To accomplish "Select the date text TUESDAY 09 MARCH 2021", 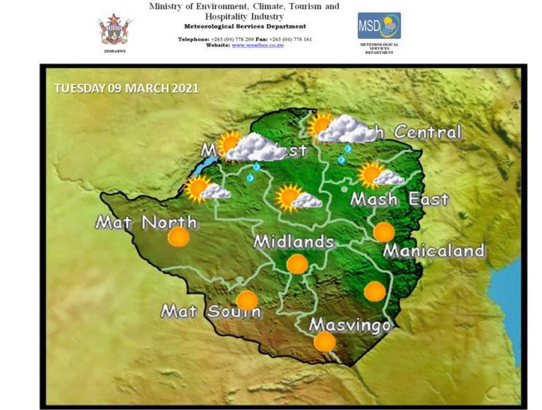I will tap(126, 89).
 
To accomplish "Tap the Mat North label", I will tap(146, 223).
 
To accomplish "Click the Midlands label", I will tap(294, 241).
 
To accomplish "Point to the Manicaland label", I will tap(433, 251).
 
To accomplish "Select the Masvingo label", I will tap(350, 326).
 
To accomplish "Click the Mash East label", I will tap(399, 199).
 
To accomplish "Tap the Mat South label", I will tap(210, 310).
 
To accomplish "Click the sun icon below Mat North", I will tap(179, 237).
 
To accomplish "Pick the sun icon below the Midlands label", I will tap(297, 265).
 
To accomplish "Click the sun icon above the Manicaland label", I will tap(384, 231).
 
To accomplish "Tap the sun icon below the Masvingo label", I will tap(325, 342).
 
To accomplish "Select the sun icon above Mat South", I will tap(247, 301).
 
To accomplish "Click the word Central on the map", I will tap(428, 132).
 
